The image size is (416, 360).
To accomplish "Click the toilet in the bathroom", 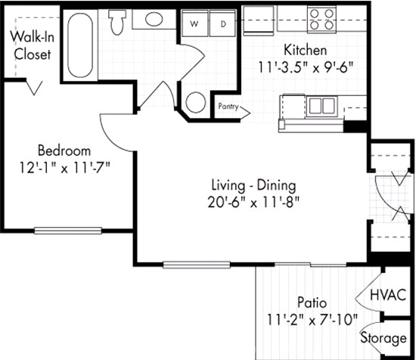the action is (x=116, y=22).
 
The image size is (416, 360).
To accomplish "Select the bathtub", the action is (x=80, y=45).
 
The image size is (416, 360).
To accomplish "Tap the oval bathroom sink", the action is (x=154, y=19).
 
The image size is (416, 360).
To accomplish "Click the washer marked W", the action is (x=194, y=23).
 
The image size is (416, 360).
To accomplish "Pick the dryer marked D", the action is (x=223, y=23).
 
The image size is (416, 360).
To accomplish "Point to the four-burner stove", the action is (x=321, y=20).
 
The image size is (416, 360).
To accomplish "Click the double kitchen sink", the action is (x=321, y=107).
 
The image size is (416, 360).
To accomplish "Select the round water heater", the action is (x=196, y=102).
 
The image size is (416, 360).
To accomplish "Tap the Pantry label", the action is (x=228, y=107).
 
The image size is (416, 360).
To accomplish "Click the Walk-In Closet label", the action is (x=33, y=45).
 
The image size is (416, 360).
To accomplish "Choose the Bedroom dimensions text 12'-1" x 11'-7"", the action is (x=65, y=168).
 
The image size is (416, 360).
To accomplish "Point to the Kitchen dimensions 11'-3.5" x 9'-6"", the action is (x=306, y=67).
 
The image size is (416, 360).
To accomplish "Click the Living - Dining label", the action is (x=253, y=185).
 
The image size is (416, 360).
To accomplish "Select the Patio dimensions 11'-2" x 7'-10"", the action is (x=312, y=319).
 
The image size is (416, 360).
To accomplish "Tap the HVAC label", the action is (x=388, y=295).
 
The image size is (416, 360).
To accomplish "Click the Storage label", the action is (x=383, y=338).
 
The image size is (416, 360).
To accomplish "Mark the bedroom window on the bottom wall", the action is (x=68, y=231).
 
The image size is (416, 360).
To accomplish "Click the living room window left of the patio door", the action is (x=197, y=265).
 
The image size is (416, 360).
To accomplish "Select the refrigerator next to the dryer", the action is (x=259, y=21).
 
